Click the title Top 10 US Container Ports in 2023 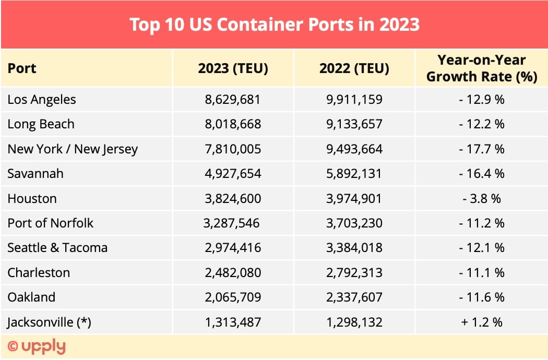click(x=274, y=25)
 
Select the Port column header click(x=22, y=68)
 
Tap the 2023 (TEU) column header click(x=233, y=68)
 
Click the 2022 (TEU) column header click(x=354, y=68)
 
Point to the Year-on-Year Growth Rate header click(x=481, y=68)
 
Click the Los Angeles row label click(x=42, y=99)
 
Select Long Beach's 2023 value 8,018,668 click(x=233, y=124)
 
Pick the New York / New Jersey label click(x=73, y=149)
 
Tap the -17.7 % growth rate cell click(x=481, y=149)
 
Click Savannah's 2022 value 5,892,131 click(x=354, y=174)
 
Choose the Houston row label click(x=32, y=199)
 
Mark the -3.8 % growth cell click(x=481, y=199)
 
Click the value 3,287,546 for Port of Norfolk click(x=231, y=223)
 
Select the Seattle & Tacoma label click(x=57, y=248)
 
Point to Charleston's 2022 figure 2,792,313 click(x=354, y=273)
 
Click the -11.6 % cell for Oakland click(x=481, y=297)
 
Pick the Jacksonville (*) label click(x=49, y=322)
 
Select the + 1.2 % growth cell click(x=481, y=322)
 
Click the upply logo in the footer click(x=37, y=346)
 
